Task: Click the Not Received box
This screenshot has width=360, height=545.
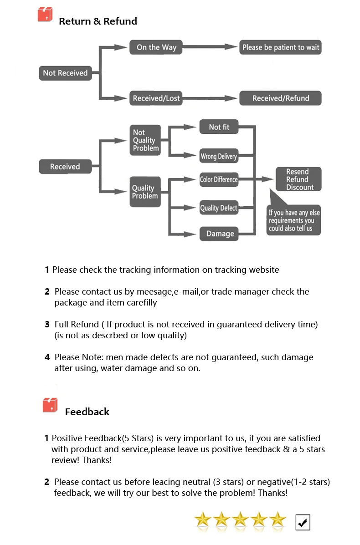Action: [x=65, y=73]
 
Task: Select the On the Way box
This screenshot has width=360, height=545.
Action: [x=156, y=47]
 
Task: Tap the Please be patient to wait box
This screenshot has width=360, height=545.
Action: [x=281, y=47]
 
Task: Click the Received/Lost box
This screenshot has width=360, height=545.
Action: [x=156, y=98]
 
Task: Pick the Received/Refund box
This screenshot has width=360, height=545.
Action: [x=281, y=98]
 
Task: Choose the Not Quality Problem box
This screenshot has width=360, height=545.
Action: [x=145, y=140]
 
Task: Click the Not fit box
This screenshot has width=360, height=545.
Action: [x=219, y=127]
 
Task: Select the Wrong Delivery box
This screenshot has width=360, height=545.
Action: [x=219, y=157]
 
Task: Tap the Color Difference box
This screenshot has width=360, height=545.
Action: [x=219, y=179]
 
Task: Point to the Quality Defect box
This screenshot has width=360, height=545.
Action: [x=219, y=208]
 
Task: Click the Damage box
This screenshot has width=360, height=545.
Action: [x=220, y=234]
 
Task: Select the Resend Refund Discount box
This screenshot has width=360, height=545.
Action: [x=298, y=179]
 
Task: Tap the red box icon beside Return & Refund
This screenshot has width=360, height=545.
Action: [x=45, y=15]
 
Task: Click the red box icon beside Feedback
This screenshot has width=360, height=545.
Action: [x=50, y=405]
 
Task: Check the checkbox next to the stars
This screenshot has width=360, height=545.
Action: [x=303, y=522]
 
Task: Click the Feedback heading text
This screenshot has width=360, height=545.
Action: [x=87, y=412]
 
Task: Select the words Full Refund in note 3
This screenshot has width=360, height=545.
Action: [x=77, y=325]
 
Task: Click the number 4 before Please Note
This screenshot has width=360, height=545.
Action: [x=47, y=357]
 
